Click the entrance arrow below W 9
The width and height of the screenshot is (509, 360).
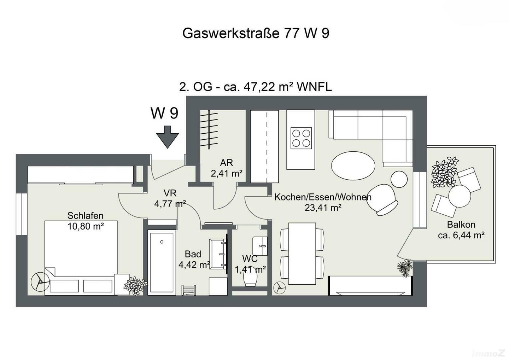168,137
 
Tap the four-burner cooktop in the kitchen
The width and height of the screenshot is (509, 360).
301,138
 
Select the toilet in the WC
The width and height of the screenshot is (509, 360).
250,279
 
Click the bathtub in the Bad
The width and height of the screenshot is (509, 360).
162,262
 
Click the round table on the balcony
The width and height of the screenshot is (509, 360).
460,196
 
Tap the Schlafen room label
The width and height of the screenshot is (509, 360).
86,215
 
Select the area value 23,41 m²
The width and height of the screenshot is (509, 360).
323,208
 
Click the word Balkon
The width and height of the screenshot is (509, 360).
461,225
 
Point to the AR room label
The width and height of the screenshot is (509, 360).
227,163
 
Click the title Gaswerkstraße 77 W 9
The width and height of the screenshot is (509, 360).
256,33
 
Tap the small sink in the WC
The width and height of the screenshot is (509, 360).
260,246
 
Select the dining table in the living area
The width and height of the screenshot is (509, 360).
302,254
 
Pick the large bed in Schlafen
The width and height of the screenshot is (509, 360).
81,258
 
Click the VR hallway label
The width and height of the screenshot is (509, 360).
170,193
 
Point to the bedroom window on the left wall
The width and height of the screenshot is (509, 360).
22,214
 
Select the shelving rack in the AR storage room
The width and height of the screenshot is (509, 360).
209,129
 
